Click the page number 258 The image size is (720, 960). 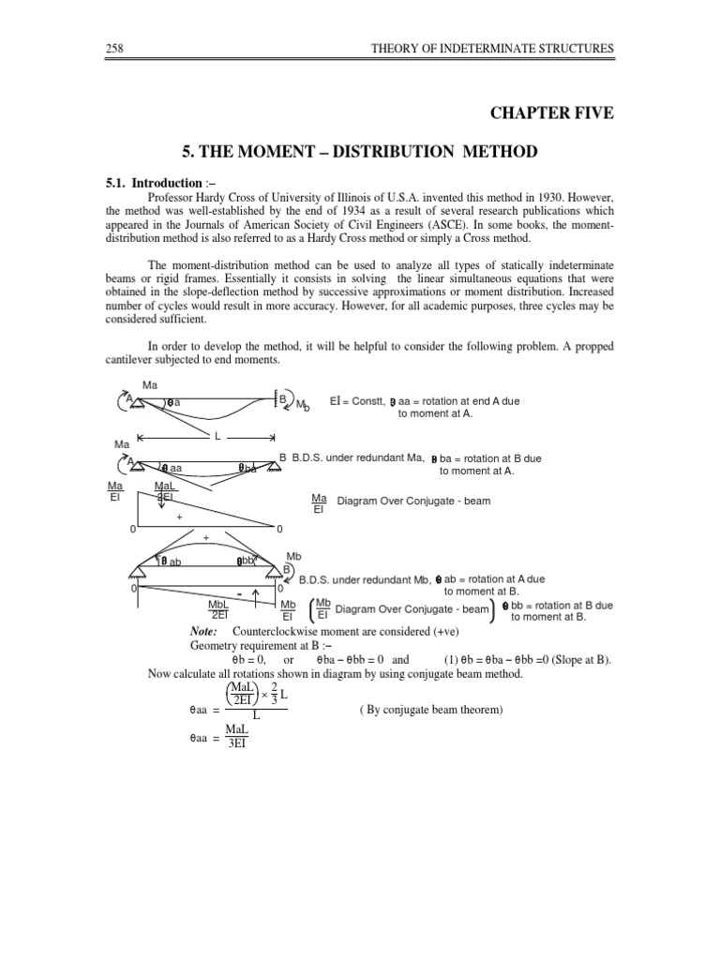(x=116, y=49)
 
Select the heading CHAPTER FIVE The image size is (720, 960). (x=552, y=112)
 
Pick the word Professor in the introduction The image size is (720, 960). (x=176, y=198)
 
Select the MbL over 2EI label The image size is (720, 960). (x=220, y=609)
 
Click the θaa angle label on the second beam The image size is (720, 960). (x=172, y=467)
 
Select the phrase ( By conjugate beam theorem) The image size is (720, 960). (x=432, y=710)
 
